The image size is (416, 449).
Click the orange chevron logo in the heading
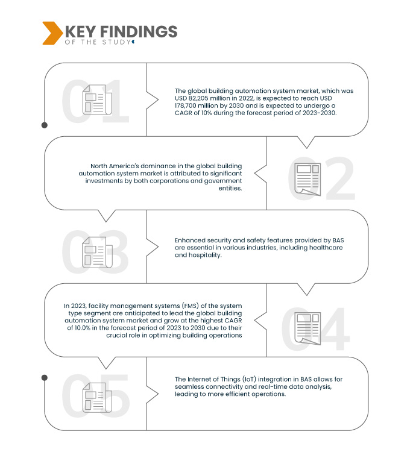(x=52, y=33)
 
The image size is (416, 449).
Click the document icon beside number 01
(x=95, y=99)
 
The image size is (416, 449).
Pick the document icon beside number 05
(x=95, y=398)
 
